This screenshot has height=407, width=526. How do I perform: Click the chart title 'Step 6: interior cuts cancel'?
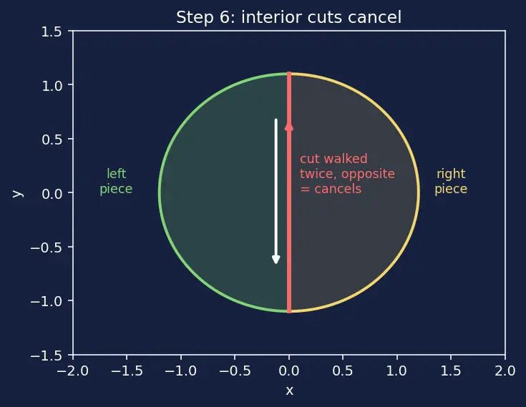[289, 17]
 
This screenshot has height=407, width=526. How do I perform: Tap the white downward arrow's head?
[276, 259]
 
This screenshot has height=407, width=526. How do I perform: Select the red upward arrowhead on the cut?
[289, 127]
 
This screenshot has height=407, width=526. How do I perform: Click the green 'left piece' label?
[116, 181]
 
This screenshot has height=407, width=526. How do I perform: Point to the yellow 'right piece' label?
[451, 181]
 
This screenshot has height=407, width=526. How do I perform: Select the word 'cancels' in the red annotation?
[338, 189]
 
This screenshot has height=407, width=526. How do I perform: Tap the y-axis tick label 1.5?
[52, 32]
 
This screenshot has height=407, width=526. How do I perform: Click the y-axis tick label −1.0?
[47, 301]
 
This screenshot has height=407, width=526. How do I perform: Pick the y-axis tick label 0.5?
[52, 139]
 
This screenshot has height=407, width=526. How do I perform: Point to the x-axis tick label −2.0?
[73, 371]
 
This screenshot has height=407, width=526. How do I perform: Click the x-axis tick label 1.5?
[451, 371]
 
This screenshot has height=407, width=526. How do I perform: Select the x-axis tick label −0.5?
[235, 371]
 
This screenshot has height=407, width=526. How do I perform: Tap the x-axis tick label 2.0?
[505, 371]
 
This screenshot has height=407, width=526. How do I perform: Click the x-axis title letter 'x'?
[289, 391]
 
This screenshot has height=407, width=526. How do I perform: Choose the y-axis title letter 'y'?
[18, 193]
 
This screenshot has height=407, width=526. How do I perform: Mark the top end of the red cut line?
[289, 73]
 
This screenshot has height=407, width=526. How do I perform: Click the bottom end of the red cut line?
[289, 312]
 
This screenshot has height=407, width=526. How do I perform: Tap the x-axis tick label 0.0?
[289, 371]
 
